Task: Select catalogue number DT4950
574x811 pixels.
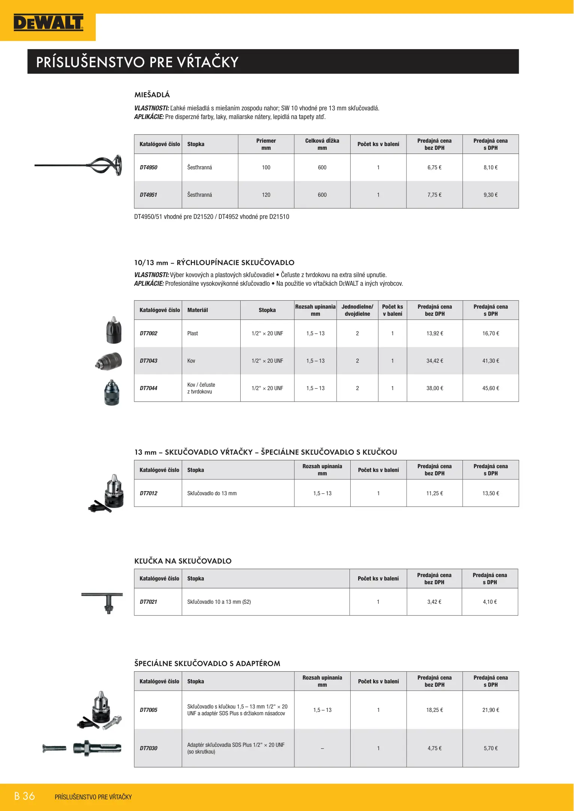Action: click(149, 167)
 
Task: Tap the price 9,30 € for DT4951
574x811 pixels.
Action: click(490, 195)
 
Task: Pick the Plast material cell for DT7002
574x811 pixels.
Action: click(193, 333)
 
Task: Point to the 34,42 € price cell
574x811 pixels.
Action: click(434, 361)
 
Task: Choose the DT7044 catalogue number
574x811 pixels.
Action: click(149, 388)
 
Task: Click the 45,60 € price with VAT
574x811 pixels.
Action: click(490, 388)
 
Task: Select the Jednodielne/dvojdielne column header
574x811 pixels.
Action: click(357, 310)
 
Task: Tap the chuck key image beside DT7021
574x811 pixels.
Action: click(102, 602)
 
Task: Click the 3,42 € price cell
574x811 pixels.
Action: click(434, 602)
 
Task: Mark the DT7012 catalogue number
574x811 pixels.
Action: click(149, 493)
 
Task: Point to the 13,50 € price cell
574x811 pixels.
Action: click(490, 493)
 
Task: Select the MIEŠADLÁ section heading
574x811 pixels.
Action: click(152, 95)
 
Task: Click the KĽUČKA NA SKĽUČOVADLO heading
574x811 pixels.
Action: click(183, 561)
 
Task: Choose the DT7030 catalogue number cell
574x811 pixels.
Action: click(149, 748)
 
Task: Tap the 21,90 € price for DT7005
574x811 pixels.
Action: click(490, 710)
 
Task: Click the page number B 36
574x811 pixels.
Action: click(24, 796)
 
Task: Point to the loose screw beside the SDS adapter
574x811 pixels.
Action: click(54, 748)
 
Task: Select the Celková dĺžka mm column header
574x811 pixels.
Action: click(322, 144)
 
